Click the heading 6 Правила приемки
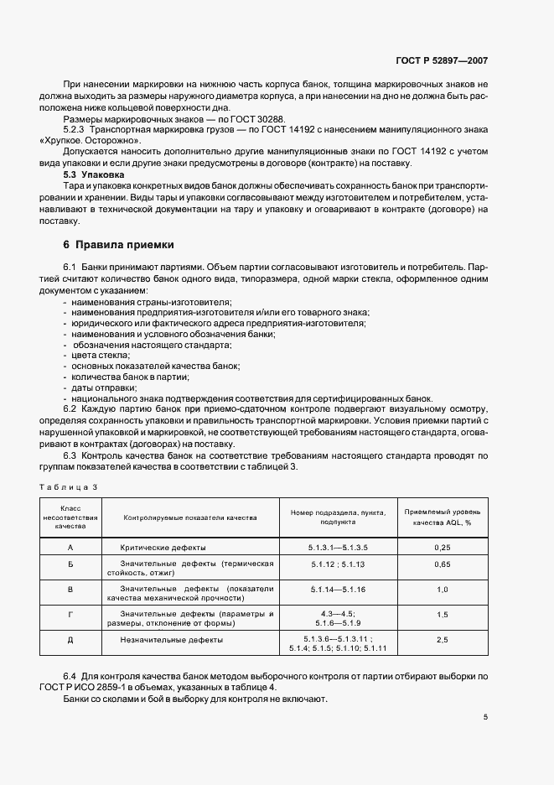pos(118,245)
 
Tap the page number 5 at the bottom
pos(486,717)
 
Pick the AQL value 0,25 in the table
pos(443,547)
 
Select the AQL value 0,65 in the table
pos(443,565)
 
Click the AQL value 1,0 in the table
pos(443,590)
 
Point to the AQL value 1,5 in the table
pos(443,615)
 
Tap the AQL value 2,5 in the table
pos(443,640)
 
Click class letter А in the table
pos(70,547)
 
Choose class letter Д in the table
pos(70,640)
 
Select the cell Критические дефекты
pos(159,547)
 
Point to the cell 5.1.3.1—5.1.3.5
pos(338,547)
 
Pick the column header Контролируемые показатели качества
pos(189,518)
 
